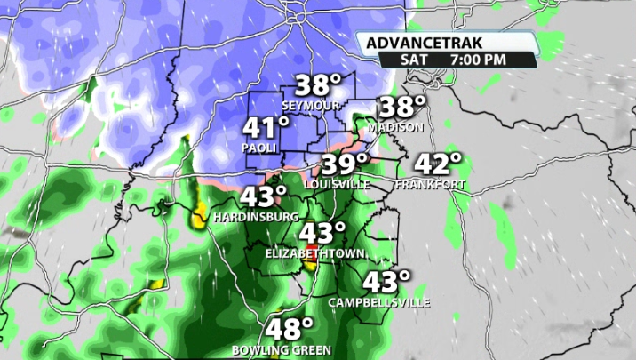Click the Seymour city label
[311, 105]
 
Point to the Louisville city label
[337, 184]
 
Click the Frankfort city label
[430, 184]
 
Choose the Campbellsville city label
[379, 302]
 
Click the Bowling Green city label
[282, 349]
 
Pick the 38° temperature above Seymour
[318, 85]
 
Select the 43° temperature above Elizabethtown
[322, 234]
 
